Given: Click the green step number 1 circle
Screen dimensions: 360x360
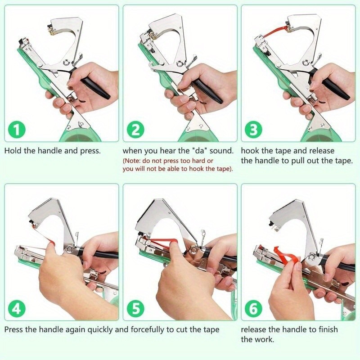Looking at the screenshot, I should coord(17,130).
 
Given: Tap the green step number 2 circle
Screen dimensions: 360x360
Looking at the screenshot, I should coord(135,130).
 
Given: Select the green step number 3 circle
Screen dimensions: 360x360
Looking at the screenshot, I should coord(254,130).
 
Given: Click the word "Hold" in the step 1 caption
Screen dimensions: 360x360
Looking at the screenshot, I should coord(13,151).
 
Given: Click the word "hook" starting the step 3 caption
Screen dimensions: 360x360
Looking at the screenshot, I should coord(250,151).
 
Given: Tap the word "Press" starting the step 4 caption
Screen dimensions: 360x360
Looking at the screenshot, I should coord(14,329).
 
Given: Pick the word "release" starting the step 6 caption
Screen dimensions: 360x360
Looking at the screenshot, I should coord(254,329).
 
